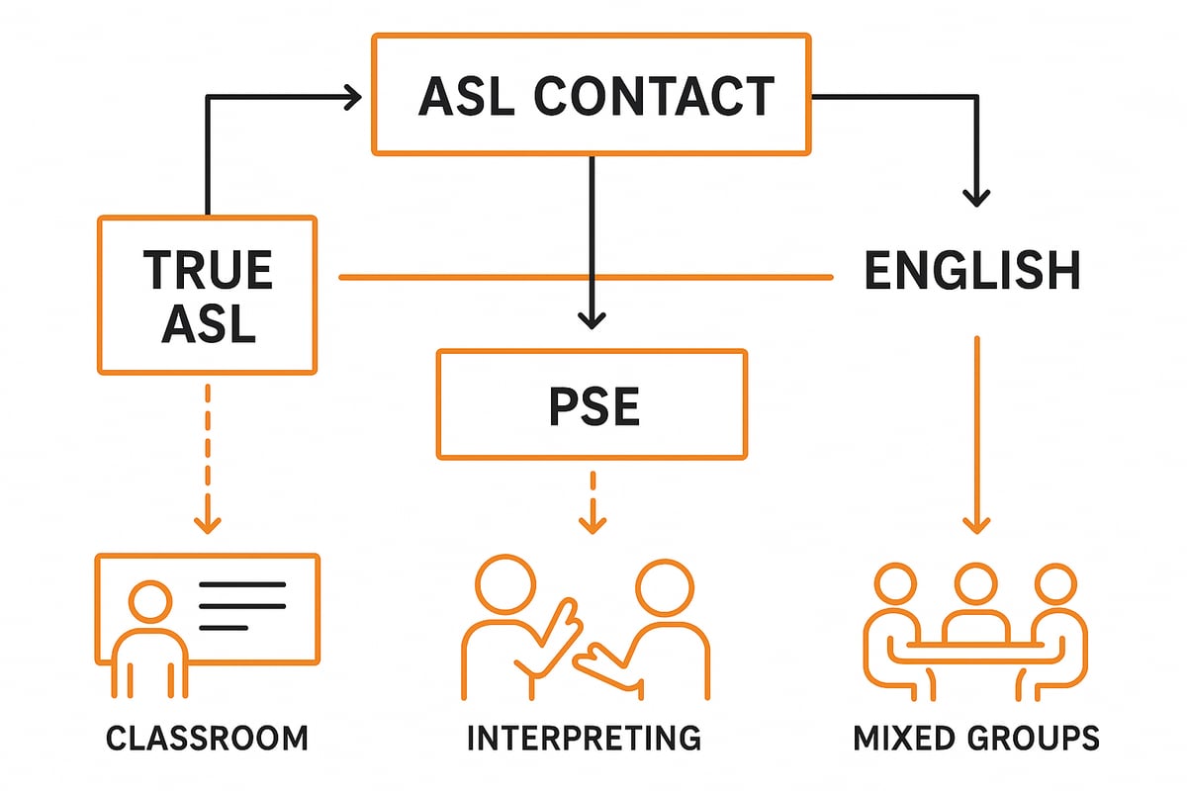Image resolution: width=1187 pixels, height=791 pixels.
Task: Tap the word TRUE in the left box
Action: [x=208, y=271]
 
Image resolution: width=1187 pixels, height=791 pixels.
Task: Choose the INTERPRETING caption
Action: [x=583, y=738]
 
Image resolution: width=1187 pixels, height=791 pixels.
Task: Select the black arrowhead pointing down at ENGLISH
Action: [x=976, y=196]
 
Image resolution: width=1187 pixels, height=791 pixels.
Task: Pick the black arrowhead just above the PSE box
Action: [x=592, y=317]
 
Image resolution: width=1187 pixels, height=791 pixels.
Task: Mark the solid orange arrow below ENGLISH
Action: [x=976, y=435]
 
